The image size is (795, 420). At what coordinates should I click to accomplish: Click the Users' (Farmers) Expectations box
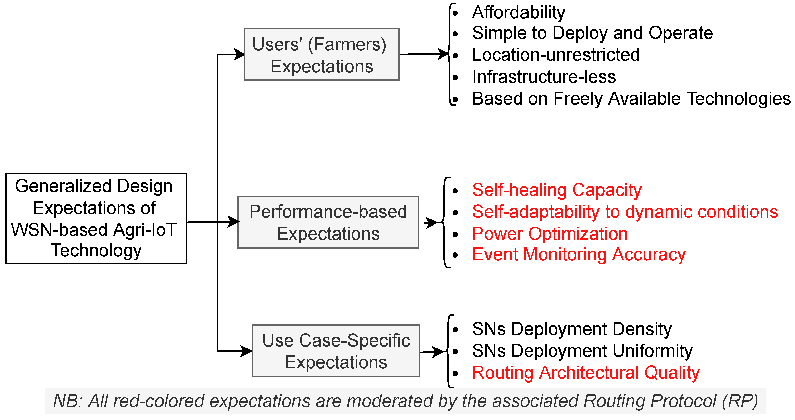coord(322,55)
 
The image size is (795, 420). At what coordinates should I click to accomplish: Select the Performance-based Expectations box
coord(328,222)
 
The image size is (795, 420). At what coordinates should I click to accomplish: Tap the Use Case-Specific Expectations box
coord(336,351)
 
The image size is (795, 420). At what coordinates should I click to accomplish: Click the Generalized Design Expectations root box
coord(96,218)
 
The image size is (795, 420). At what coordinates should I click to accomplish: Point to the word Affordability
coord(518,12)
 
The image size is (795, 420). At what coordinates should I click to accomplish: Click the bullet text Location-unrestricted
coord(556,55)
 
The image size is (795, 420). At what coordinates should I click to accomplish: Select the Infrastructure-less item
coord(544,77)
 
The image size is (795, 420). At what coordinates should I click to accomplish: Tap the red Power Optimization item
coord(550,233)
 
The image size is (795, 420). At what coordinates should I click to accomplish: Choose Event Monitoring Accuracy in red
coord(579,254)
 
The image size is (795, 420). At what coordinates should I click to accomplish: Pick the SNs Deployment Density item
coord(572,329)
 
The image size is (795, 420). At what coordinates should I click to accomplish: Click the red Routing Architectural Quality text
coord(586,372)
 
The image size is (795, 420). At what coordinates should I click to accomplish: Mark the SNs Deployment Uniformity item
coord(582,351)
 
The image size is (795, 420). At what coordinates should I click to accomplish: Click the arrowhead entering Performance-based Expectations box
coord(234,222)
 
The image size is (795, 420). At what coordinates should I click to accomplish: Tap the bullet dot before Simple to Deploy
coord(455,33)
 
